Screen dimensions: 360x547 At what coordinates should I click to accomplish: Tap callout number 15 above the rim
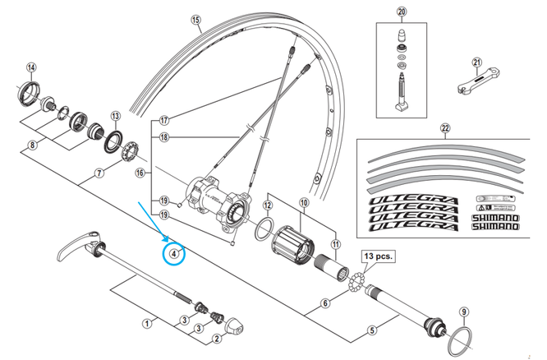click(195, 20)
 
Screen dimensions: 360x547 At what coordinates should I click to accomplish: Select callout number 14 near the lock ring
click(31, 67)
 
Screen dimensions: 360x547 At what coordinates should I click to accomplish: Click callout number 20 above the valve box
click(401, 12)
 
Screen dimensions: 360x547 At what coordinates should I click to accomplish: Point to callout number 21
click(476, 62)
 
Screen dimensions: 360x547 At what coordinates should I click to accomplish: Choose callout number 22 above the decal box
click(445, 128)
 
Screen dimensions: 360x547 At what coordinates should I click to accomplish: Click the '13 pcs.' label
click(378, 256)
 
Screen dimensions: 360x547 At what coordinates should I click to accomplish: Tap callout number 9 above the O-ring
click(463, 312)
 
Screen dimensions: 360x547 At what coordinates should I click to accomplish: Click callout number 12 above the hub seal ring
click(268, 205)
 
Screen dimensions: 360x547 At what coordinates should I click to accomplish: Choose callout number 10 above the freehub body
click(303, 202)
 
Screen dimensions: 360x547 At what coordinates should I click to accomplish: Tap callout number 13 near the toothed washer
click(116, 117)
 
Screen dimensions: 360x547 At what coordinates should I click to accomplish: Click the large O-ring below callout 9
click(463, 340)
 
